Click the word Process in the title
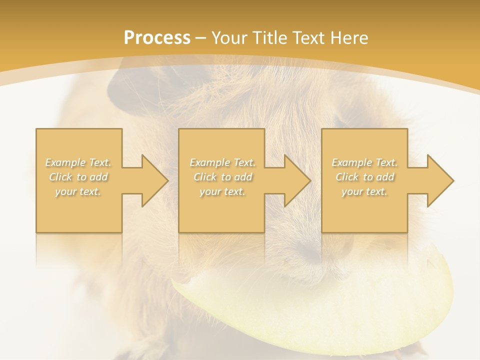(x=157, y=38)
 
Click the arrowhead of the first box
(x=152, y=180)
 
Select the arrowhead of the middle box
(x=295, y=180)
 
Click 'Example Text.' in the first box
(x=78, y=162)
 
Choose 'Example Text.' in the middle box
(x=222, y=162)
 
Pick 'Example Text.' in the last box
(x=364, y=162)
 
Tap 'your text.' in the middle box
(x=222, y=191)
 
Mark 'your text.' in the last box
(x=364, y=191)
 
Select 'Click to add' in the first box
(x=78, y=177)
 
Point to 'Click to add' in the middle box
(x=222, y=177)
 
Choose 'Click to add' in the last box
(x=364, y=177)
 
